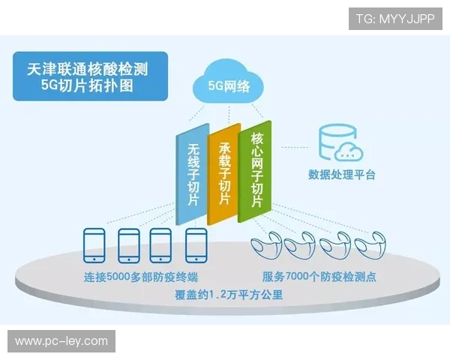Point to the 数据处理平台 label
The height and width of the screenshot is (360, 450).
(342, 175)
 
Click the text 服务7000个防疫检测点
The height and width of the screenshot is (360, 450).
(321, 277)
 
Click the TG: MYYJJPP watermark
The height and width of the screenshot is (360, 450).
(395, 18)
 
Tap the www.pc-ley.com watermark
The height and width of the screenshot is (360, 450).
(62, 341)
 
